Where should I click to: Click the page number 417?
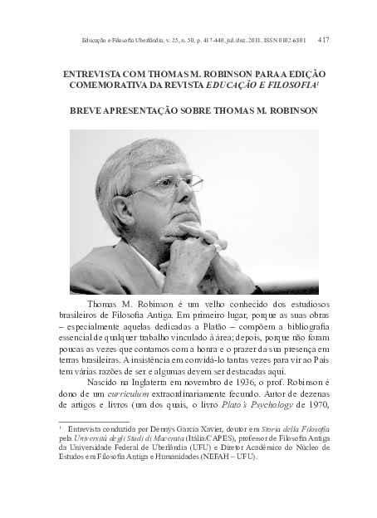(x=347, y=39)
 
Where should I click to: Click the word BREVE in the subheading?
(x=84, y=110)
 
